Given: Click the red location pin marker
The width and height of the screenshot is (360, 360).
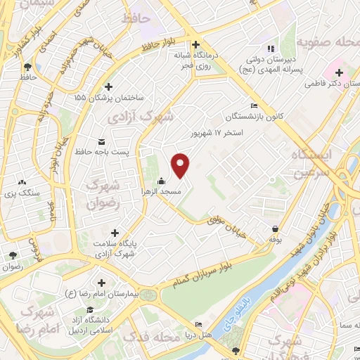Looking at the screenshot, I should click(x=181, y=165).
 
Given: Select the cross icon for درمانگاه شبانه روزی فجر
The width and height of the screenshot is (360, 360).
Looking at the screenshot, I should click(x=197, y=42).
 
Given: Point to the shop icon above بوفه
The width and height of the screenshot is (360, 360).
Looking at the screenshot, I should click(x=274, y=229).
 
